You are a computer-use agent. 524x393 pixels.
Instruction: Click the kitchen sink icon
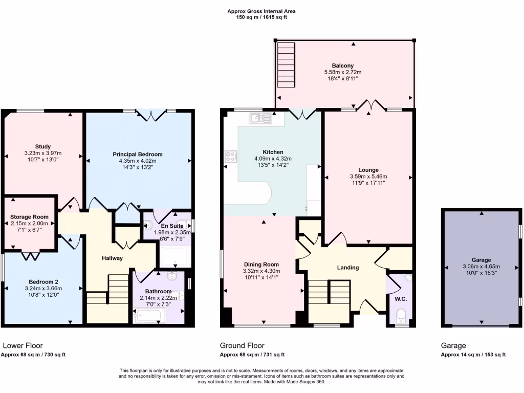pos(260,119)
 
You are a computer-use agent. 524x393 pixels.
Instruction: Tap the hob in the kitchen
pos(231,156)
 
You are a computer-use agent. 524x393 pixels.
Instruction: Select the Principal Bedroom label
pos(138,154)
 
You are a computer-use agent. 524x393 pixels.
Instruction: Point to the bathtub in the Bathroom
pos(149,316)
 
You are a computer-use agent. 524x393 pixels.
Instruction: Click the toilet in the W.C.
pos(401,314)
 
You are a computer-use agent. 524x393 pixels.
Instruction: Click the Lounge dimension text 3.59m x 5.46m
pos(368,177)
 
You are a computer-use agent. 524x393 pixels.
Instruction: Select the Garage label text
pos(481,259)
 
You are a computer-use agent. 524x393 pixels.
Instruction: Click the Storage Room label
pos(29,217)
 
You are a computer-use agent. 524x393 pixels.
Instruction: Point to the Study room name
pos(43,147)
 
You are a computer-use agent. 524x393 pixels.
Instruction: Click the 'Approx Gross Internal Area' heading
pos(261,11)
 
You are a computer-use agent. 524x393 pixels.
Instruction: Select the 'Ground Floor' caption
pos(242,346)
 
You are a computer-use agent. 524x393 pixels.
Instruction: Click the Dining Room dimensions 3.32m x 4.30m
pos(262,271)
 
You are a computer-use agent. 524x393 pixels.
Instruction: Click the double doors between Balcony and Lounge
pos(371,105)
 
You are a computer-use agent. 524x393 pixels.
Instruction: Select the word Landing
pos(347,268)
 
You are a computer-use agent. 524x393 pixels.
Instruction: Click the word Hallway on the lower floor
pos(112,258)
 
